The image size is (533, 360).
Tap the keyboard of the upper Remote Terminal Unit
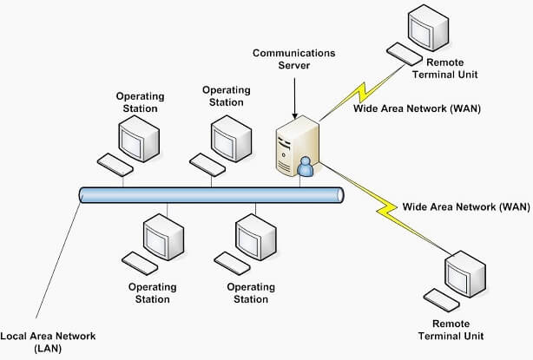[x=405, y=53]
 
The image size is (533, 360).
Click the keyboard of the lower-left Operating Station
[x=140, y=261]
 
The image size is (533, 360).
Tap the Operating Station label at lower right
[x=247, y=293]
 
